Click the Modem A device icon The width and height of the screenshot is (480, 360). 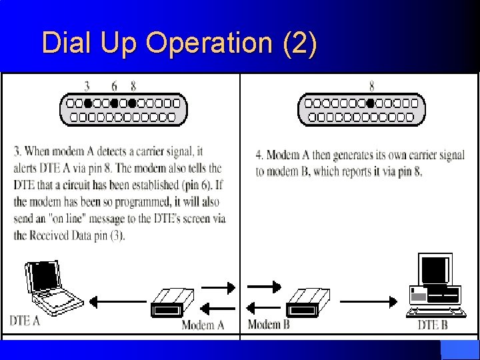click(x=172, y=303)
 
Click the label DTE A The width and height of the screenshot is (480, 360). click(x=25, y=321)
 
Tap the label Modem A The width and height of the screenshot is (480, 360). click(x=203, y=325)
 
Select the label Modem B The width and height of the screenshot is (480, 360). click(x=269, y=325)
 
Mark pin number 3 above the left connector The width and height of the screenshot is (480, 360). click(x=87, y=85)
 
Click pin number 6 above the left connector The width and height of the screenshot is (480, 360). click(x=114, y=85)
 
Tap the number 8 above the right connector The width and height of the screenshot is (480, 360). click(x=371, y=85)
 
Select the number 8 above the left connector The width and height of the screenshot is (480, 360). click(x=133, y=85)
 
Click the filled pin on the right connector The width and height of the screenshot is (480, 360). click(x=370, y=103)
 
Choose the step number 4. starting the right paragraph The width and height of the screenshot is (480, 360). click(x=259, y=155)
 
